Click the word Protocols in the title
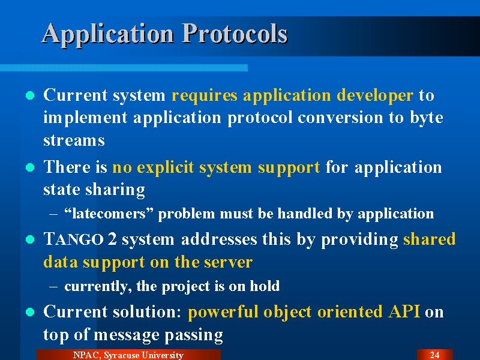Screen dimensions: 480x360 tap(235, 34)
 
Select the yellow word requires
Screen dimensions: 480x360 tap(205, 96)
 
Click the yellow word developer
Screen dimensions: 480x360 tap(375, 96)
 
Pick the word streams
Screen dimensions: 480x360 tap(74, 140)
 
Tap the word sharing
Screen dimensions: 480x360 tap(115, 190)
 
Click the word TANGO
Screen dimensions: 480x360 tap(73, 239)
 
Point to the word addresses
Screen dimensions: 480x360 tap(219, 239)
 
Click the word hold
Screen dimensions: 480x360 tap(265, 286)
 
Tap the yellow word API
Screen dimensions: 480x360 tap(404, 311)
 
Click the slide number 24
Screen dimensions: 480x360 tap(434, 355)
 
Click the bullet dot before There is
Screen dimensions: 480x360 tap(30, 167)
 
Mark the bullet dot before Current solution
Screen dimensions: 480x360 tap(30, 312)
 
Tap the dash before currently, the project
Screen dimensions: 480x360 tap(53, 287)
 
